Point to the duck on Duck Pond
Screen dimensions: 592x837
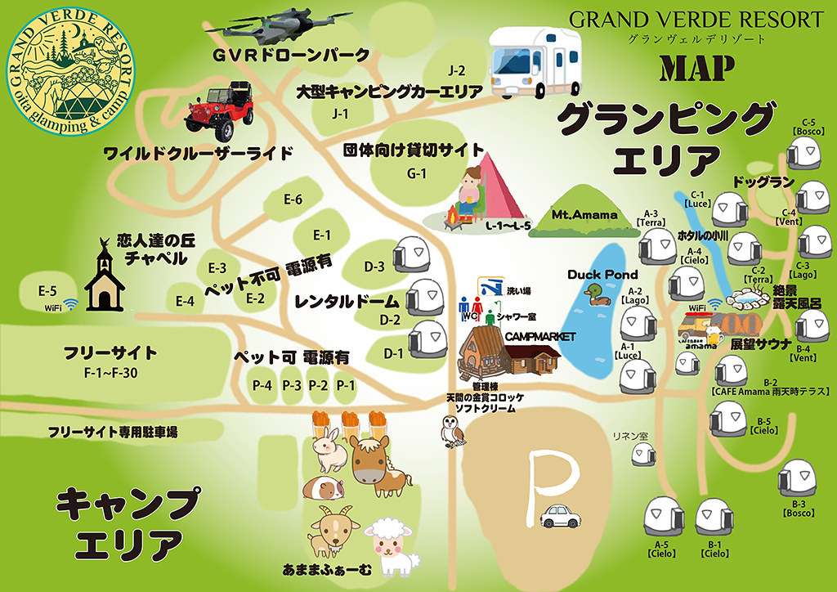click(x=600, y=295)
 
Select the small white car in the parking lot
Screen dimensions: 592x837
click(x=560, y=516)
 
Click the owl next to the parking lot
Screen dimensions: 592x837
click(x=450, y=431)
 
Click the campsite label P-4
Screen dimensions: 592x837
click(x=262, y=385)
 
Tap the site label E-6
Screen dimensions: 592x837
click(x=293, y=200)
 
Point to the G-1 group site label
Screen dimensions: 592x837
click(x=417, y=173)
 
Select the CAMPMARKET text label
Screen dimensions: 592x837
click(x=540, y=336)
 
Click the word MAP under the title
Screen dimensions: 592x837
click(x=696, y=69)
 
